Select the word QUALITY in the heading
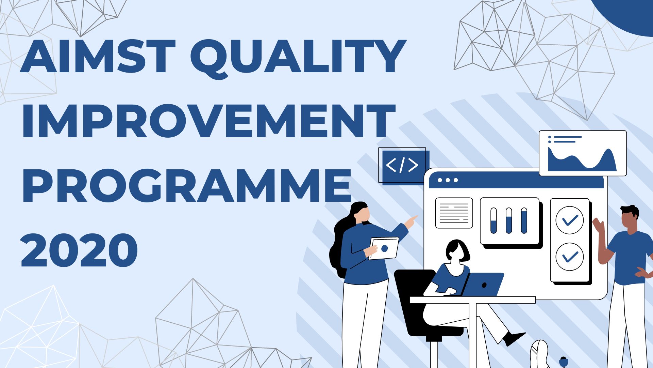click(298, 58)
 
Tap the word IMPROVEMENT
click(209, 121)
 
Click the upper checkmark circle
click(570, 220)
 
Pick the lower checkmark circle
click(570, 257)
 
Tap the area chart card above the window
click(583, 153)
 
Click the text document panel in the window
click(454, 213)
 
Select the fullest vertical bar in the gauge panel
click(524, 220)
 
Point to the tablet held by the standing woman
click(384, 248)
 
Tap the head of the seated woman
click(457, 251)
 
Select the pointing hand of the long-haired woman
click(411, 221)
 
